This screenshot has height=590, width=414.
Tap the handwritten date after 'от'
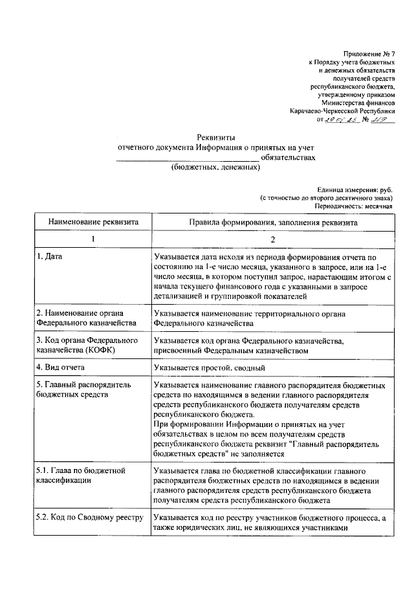point(338,120)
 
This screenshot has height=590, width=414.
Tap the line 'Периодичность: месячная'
point(353,206)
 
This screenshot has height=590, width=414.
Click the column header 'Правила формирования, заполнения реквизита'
point(273,221)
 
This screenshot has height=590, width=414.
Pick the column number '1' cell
point(92,239)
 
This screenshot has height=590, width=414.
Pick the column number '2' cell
point(273,239)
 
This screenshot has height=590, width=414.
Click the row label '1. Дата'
point(50,257)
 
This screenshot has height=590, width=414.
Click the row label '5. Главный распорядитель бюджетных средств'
point(83,389)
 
